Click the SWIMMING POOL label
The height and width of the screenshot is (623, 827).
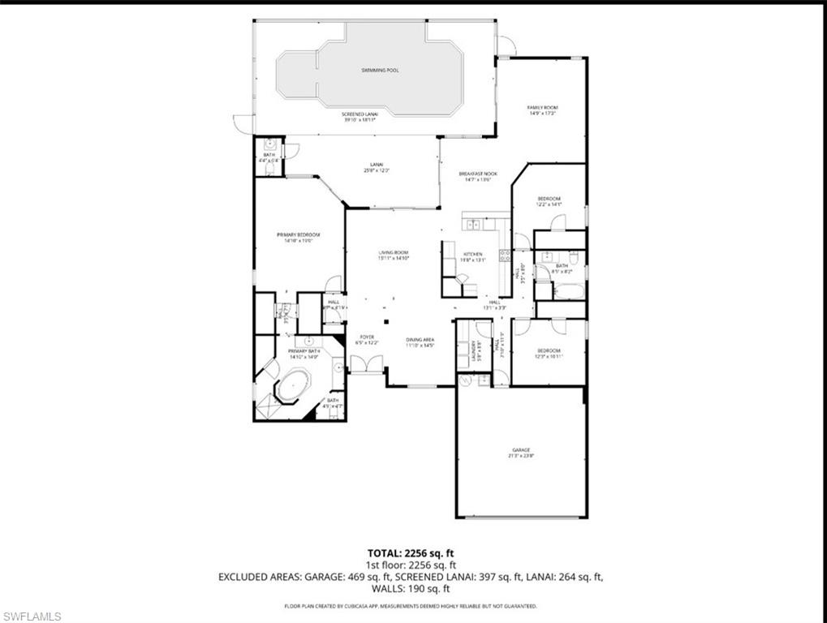tap(380, 71)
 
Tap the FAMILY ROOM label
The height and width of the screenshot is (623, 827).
tap(542, 108)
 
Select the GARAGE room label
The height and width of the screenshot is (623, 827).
tap(520, 450)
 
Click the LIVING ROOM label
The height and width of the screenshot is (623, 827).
tap(393, 253)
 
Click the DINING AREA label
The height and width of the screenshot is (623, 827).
tap(420, 340)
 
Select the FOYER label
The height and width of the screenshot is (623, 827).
tap(366, 337)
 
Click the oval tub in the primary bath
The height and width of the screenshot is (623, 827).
tap(290, 388)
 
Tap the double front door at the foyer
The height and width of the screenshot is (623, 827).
tap(366, 367)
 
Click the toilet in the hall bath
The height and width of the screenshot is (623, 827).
tap(573, 259)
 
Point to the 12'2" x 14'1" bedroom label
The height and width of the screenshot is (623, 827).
tap(548, 201)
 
